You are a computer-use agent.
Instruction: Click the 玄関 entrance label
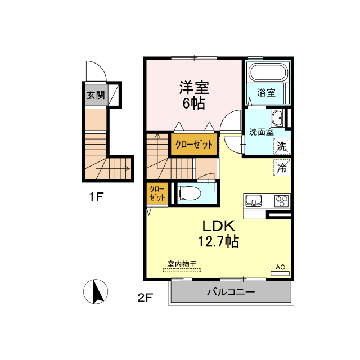pyautogui.click(x=96, y=95)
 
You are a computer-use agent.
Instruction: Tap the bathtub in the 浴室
pyautogui.click(x=268, y=72)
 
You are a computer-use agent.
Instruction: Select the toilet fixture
pyautogui.click(x=189, y=193)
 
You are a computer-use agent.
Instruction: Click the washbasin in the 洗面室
pyautogui.click(x=277, y=118)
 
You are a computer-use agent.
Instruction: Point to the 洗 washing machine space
pyautogui.click(x=282, y=146)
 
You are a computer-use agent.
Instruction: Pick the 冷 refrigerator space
pyautogui.click(x=282, y=168)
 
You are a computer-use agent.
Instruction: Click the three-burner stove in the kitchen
pyautogui.click(x=282, y=201)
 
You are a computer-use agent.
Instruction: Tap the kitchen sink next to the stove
pyautogui.click(x=254, y=201)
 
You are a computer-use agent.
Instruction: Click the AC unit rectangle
pyautogui.click(x=280, y=273)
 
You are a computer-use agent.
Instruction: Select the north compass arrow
pyautogui.click(x=97, y=291)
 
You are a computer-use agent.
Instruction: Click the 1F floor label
pyautogui.click(x=96, y=197)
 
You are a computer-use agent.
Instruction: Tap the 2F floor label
pyautogui.click(x=145, y=298)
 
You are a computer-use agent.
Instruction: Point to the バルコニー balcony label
pyautogui.click(x=231, y=292)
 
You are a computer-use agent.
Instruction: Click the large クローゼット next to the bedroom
pyautogui.click(x=194, y=144)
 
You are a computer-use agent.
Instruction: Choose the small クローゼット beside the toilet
pyautogui.click(x=157, y=193)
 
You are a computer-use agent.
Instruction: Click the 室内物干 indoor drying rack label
pyautogui.click(x=182, y=264)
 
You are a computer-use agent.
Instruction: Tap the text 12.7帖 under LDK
pyautogui.click(x=219, y=241)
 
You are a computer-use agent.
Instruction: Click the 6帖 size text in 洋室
pyautogui.click(x=193, y=103)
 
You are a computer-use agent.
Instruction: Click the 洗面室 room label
pyautogui.click(x=262, y=132)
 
